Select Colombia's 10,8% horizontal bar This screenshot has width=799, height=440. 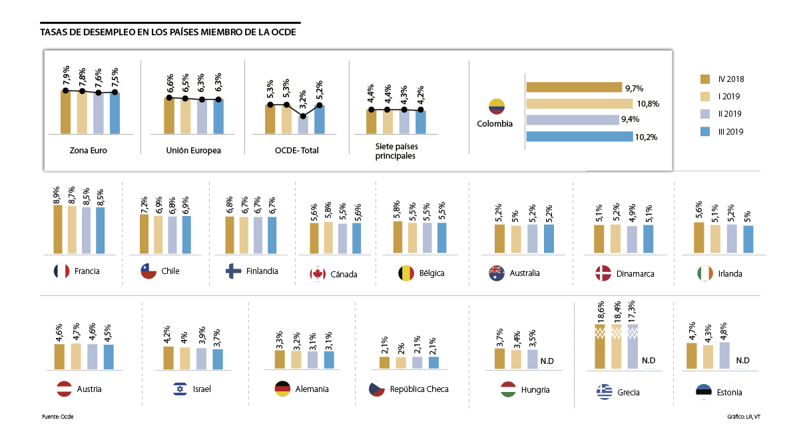(579, 103)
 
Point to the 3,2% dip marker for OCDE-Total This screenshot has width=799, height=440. (303, 116)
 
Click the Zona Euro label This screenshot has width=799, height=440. (89, 151)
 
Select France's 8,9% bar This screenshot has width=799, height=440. (58, 229)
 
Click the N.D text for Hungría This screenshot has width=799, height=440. (547, 361)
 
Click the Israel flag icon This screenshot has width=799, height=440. (180, 389)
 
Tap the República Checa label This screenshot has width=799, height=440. (419, 389)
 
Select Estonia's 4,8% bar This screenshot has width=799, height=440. (724, 355)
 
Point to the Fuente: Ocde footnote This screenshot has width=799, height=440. (57, 417)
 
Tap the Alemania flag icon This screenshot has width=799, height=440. (282, 389)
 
